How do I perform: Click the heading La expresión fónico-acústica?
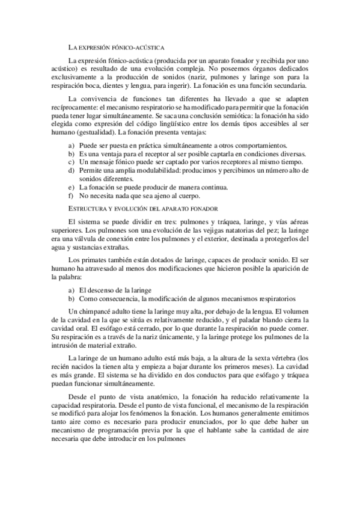[x=117, y=46]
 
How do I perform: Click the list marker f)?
[x=72, y=195]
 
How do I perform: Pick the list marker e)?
[x=72, y=187]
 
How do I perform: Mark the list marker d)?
[x=72, y=171]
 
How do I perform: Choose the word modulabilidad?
[x=148, y=171]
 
